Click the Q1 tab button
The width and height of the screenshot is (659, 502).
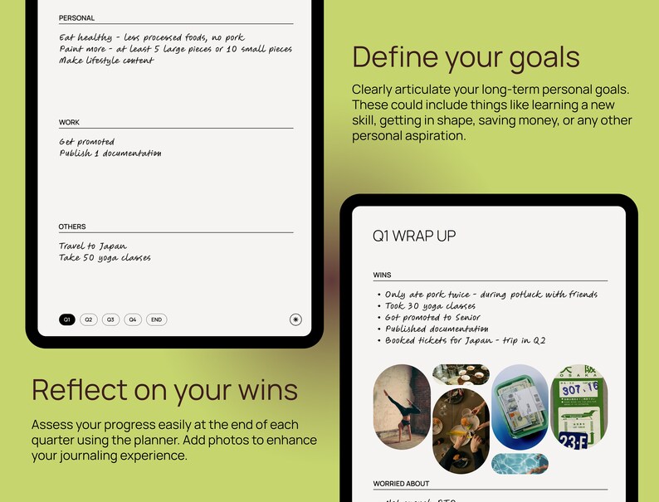(67, 319)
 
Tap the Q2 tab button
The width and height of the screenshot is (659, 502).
(89, 319)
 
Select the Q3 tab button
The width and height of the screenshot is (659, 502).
(110, 319)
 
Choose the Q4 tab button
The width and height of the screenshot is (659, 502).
(133, 319)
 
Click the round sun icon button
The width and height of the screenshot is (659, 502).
(295, 319)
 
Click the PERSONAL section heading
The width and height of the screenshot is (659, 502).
(77, 18)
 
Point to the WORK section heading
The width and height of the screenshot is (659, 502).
(70, 123)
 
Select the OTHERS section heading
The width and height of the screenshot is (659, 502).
(72, 227)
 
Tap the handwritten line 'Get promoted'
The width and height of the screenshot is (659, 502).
(87, 142)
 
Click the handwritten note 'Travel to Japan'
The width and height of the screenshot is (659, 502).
(93, 246)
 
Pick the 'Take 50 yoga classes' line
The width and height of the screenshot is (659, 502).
(105, 258)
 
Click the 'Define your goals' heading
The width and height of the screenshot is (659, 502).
(466, 57)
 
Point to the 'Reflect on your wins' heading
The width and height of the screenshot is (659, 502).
(164, 389)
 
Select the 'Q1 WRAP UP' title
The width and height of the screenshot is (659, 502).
(414, 236)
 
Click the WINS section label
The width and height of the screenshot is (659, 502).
(383, 275)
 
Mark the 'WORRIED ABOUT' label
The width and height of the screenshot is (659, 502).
(402, 484)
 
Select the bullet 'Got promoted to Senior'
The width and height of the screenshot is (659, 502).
(432, 318)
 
